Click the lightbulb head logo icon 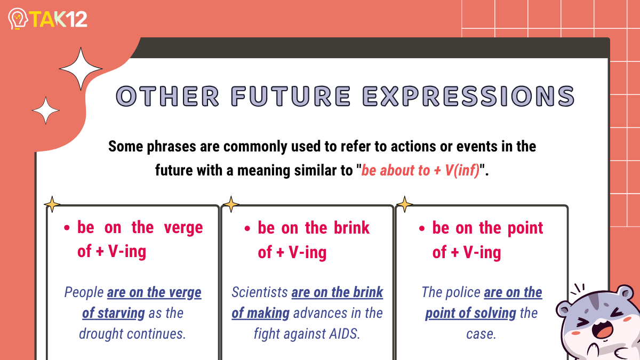[x=18, y=19]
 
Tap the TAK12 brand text [x=58, y=19]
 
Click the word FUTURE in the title [x=291, y=97]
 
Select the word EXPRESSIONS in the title [x=468, y=97]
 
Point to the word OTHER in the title [x=167, y=97]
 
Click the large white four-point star [x=81, y=69]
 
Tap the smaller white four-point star [x=46, y=110]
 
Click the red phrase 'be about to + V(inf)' [x=420, y=171]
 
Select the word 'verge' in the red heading [x=183, y=228]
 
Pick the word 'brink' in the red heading [x=351, y=228]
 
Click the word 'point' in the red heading [x=525, y=229]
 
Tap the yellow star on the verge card [x=52, y=204]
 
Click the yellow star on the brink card [x=231, y=204]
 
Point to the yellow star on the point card [x=405, y=204]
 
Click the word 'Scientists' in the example [x=259, y=292]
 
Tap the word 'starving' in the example [x=122, y=314]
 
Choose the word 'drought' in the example [x=101, y=334]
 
